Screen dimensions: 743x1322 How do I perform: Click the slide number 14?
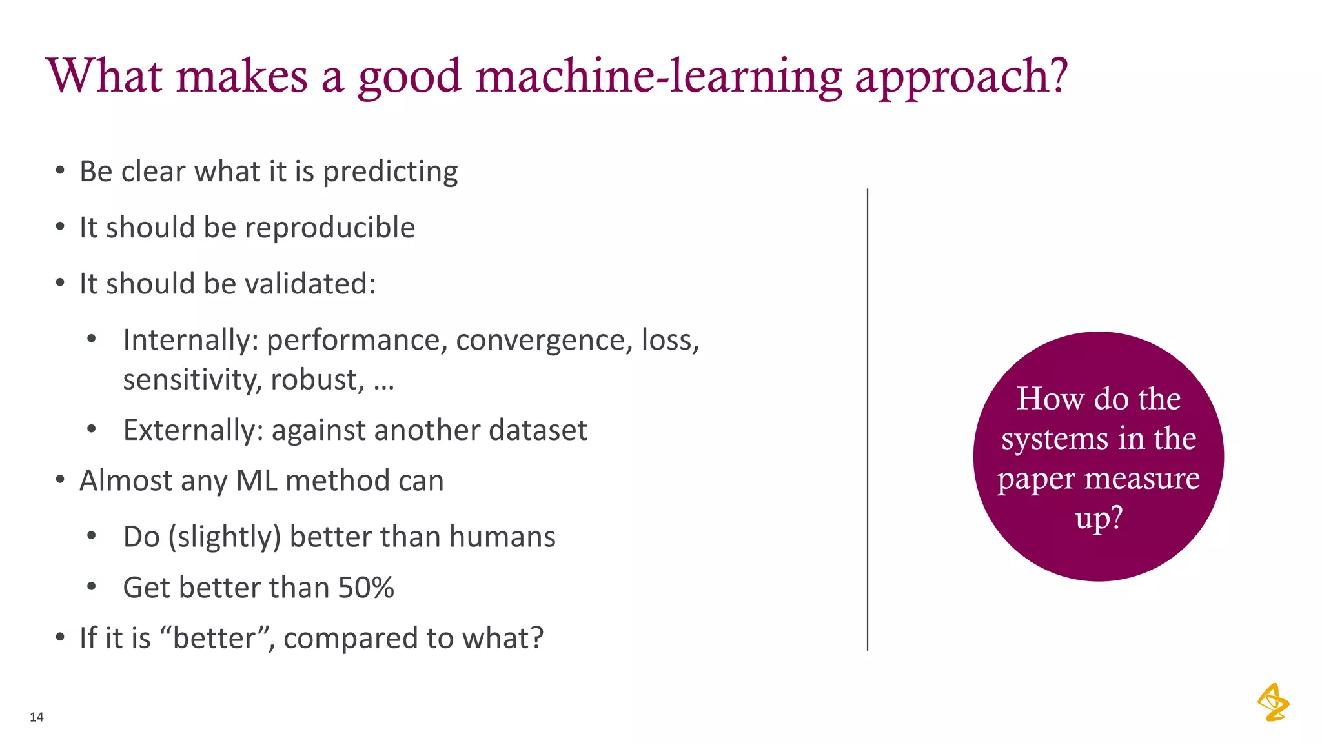click(x=37, y=717)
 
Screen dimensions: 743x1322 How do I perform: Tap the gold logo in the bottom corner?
click(x=1273, y=702)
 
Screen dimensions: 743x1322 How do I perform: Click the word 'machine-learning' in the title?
click(x=659, y=76)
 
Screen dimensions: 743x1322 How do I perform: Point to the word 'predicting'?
click(x=390, y=172)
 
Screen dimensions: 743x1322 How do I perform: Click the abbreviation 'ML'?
click(x=256, y=480)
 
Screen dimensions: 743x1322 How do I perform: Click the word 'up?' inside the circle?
click(x=1099, y=518)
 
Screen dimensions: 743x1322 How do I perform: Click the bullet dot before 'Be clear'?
click(x=60, y=171)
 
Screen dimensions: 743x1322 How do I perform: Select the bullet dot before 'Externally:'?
click(x=92, y=429)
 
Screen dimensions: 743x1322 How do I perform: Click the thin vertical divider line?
click(x=867, y=419)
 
